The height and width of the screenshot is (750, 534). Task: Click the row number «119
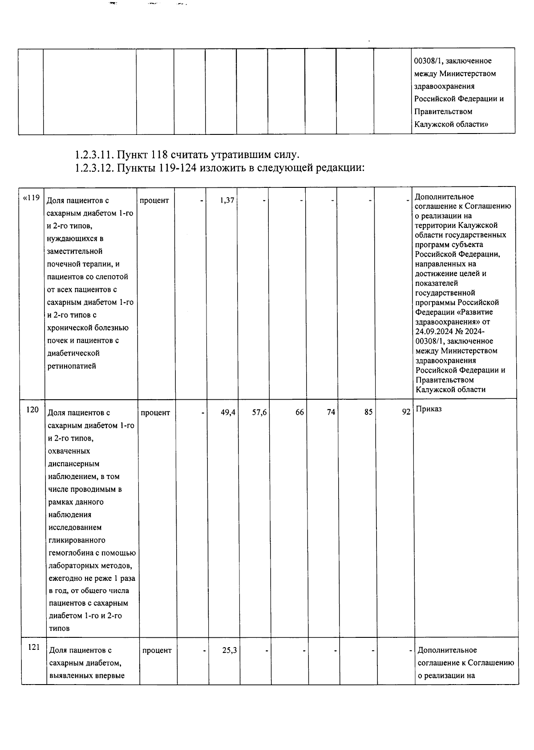[x=31, y=198]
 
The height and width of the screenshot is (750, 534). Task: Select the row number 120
[x=32, y=409]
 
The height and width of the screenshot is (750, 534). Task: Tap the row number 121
[x=34, y=647]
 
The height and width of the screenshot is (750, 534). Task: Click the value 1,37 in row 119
[x=227, y=201]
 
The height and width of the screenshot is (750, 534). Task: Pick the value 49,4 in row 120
[x=228, y=413]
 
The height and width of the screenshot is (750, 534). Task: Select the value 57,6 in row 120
[x=259, y=413]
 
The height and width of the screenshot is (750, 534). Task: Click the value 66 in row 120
[x=299, y=413]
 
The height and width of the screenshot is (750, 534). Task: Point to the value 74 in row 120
[x=331, y=413]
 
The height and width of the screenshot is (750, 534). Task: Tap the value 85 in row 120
[x=368, y=413]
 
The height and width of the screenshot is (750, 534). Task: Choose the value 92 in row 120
[x=406, y=413]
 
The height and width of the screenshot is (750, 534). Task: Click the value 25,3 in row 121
[x=229, y=650]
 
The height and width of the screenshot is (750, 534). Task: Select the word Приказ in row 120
[x=429, y=409]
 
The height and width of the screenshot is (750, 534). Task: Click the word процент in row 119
[x=154, y=201]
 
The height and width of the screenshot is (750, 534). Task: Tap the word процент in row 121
[x=157, y=650]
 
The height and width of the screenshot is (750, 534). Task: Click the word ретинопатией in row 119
[x=71, y=366]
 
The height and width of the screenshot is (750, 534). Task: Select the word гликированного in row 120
[x=77, y=540]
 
